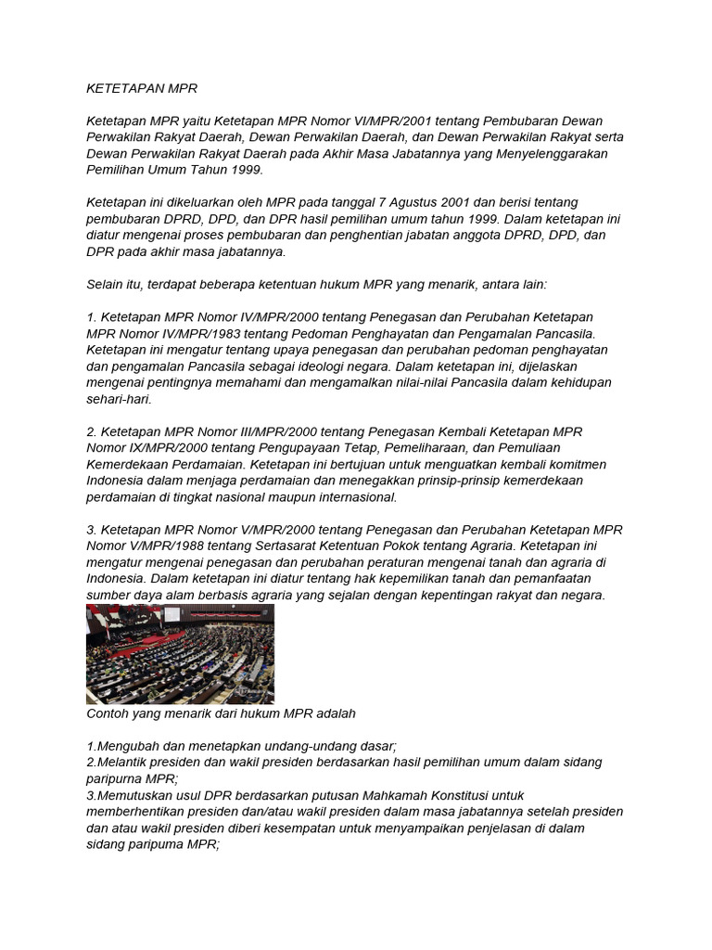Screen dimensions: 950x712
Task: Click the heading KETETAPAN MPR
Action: pos(142,89)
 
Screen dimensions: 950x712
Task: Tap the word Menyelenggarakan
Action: pos(547,154)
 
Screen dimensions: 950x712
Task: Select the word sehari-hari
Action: pos(119,398)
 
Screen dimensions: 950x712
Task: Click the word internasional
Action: pos(352,496)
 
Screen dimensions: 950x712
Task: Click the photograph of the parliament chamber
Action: pos(180,654)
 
